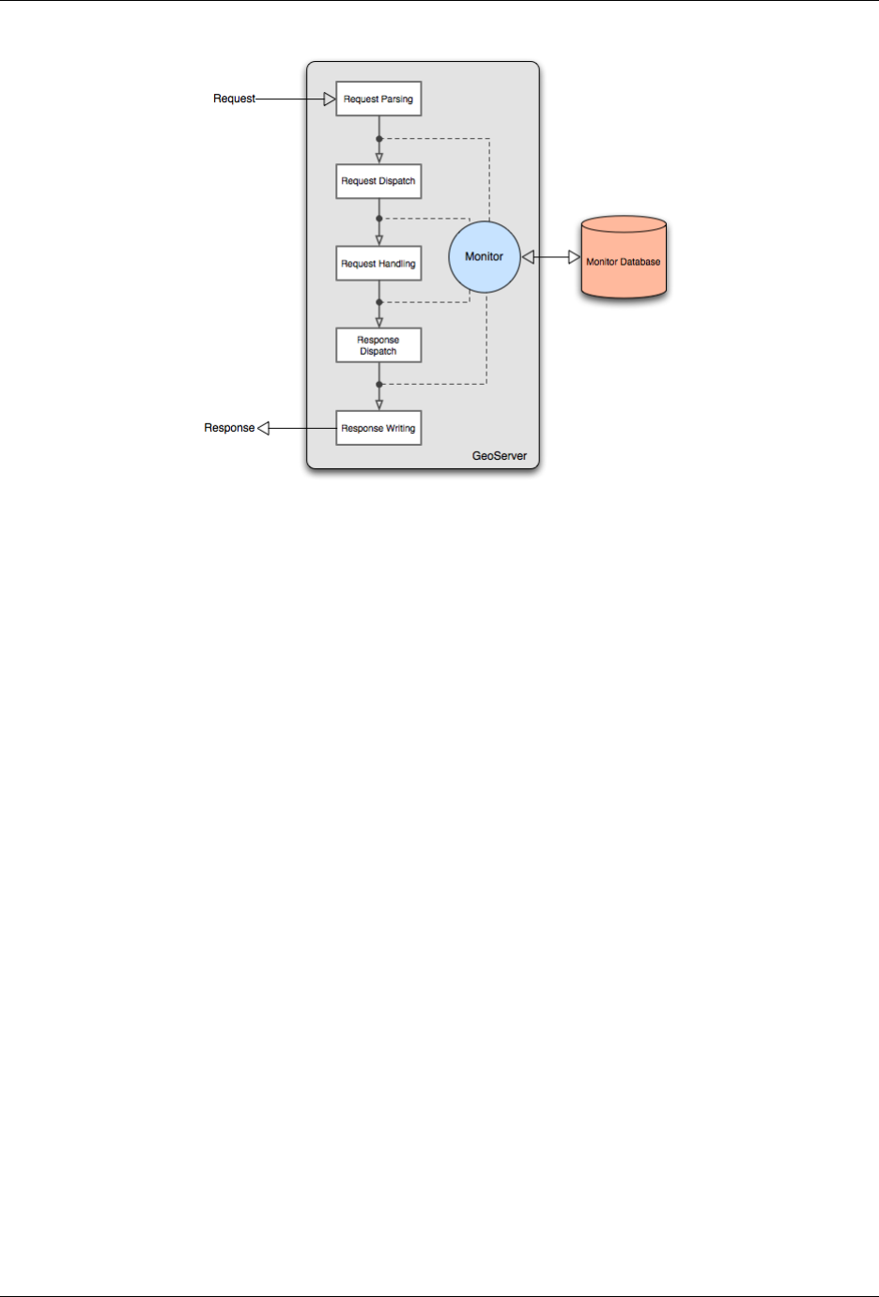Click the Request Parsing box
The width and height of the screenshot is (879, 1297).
pos(378,99)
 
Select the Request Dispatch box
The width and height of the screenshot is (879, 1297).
pos(378,181)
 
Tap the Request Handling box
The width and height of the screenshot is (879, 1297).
pos(378,264)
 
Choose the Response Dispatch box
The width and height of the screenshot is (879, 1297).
pos(378,345)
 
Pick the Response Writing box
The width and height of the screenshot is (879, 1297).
pos(378,428)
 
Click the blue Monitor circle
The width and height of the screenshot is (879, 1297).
pos(485,257)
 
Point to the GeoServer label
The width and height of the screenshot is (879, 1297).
pos(499,456)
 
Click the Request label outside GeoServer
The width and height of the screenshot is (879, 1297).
pos(234,99)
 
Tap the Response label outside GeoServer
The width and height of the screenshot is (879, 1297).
pos(229,428)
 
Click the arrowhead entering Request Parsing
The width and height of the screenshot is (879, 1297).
pos(330,99)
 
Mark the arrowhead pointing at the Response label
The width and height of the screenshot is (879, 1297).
pos(264,428)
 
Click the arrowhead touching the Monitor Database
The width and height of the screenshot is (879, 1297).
pos(574,257)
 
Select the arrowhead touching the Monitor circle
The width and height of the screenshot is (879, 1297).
pos(528,257)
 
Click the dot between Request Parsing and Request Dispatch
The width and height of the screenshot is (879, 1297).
pos(379,139)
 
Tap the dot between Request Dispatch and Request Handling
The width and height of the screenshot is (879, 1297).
pos(379,219)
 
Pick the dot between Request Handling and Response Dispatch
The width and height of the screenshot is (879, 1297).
pos(379,302)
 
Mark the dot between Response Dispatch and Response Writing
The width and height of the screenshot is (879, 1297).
pos(379,385)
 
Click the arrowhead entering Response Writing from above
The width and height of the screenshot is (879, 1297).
pos(379,405)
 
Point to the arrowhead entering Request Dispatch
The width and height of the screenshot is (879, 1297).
pos(379,159)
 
